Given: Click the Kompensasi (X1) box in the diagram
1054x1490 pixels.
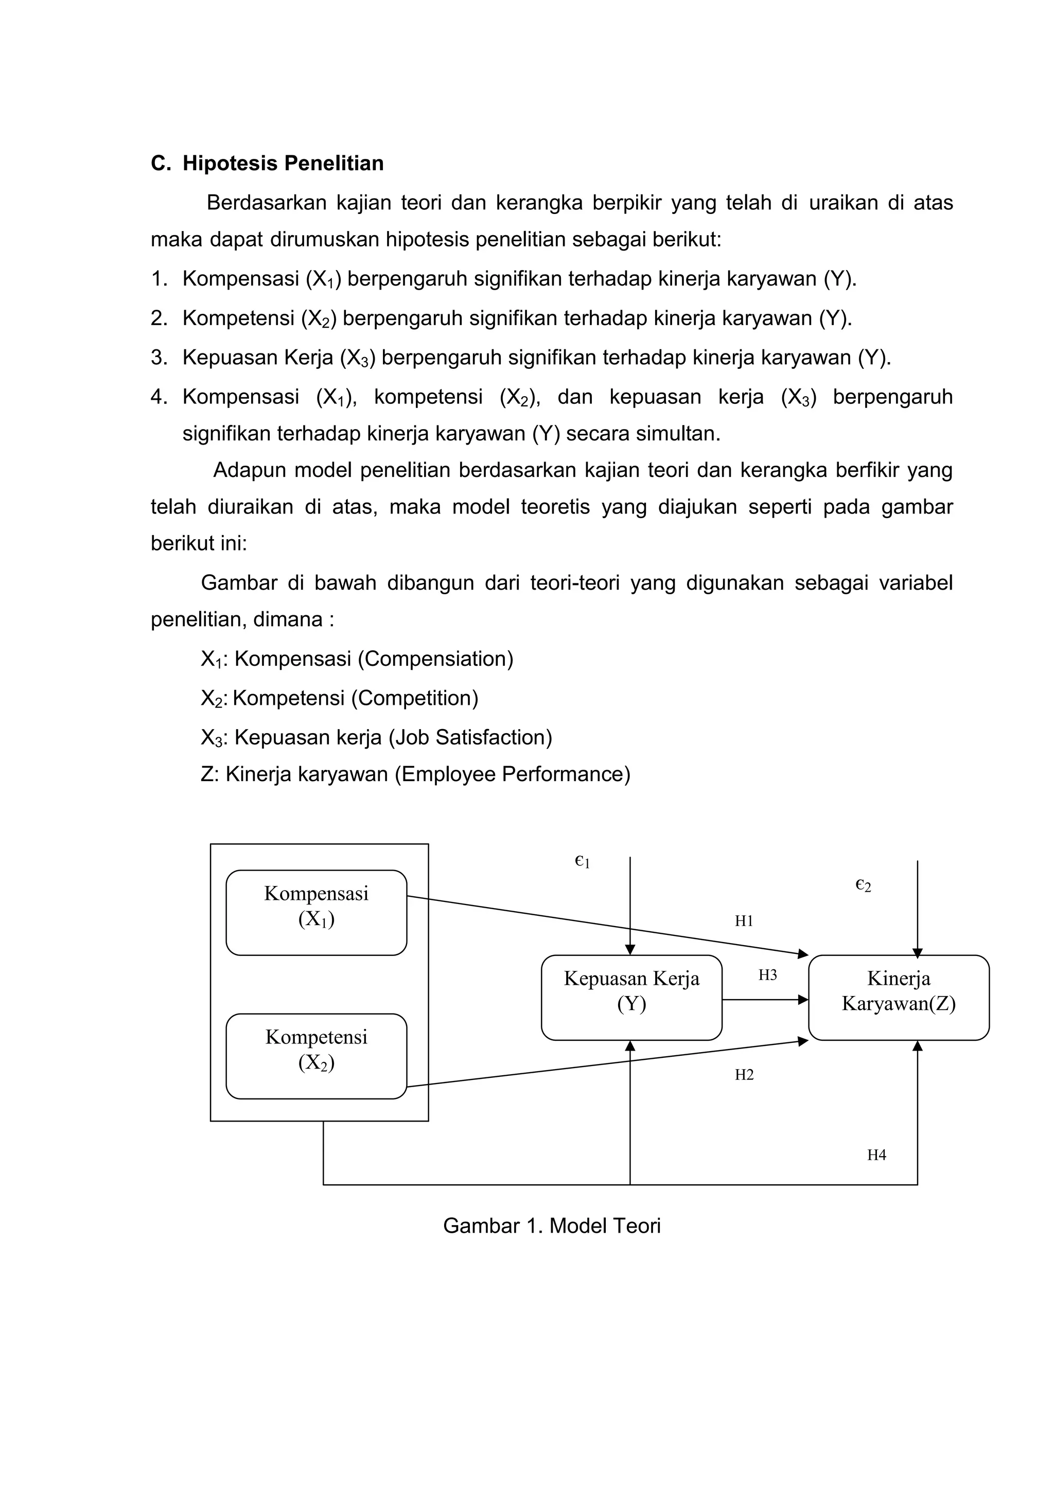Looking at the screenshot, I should coord(316,912).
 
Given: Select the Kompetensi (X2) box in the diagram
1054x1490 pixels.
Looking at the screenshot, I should coord(316,1056).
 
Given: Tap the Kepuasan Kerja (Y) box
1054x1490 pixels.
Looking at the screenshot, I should coord(631,998).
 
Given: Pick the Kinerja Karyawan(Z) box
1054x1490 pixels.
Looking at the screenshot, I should coord(898,998).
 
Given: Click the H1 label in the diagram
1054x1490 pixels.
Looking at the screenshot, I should coord(744,921).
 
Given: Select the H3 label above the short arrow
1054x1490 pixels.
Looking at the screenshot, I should coord(767,975).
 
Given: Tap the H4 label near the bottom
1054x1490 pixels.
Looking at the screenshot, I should coord(876,1155).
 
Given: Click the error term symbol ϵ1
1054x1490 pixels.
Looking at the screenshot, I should coord(582,862).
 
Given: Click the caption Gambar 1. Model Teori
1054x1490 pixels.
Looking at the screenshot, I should coord(552,1226).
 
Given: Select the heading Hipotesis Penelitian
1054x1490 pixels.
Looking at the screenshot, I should coord(283,164).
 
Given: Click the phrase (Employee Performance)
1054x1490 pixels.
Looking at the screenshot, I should coord(513,774).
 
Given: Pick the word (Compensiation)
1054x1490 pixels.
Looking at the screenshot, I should coord(435,660).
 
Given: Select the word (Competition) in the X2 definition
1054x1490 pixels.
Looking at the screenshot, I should coord(415,698).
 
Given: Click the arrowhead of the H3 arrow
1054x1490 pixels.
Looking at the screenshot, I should coord(803,1000).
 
